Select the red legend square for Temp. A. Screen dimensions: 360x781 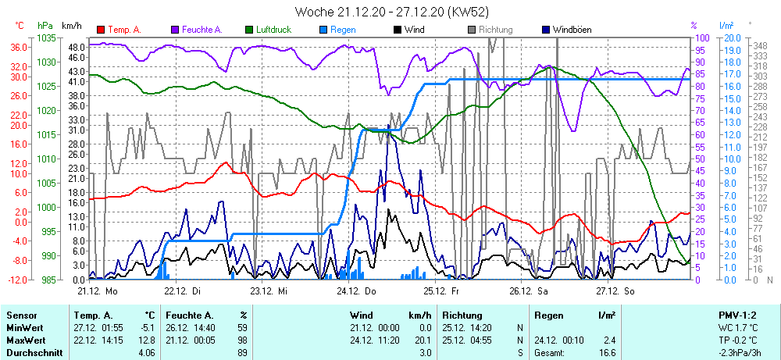tap(101, 30)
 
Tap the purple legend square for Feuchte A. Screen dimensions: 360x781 tap(176, 30)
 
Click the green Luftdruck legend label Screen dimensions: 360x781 tap(272, 30)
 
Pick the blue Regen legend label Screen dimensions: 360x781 tap(343, 30)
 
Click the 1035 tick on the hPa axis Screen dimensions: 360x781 tap(45, 37)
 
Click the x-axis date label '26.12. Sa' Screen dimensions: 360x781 tap(530, 290)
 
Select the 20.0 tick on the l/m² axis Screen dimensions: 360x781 tap(732, 37)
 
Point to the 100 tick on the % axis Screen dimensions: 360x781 tap(702, 37)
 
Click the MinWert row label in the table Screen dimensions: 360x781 tap(24, 328)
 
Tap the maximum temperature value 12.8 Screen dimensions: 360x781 tap(149, 340)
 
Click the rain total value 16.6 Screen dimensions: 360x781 tap(608, 354)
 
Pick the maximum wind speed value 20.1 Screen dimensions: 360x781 tap(422, 340)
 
